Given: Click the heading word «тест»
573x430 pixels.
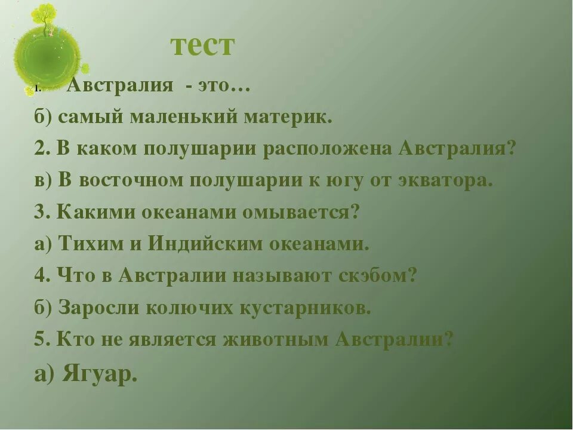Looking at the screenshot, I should click(x=203, y=45).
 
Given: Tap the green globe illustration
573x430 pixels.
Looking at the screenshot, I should click(x=47, y=57).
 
